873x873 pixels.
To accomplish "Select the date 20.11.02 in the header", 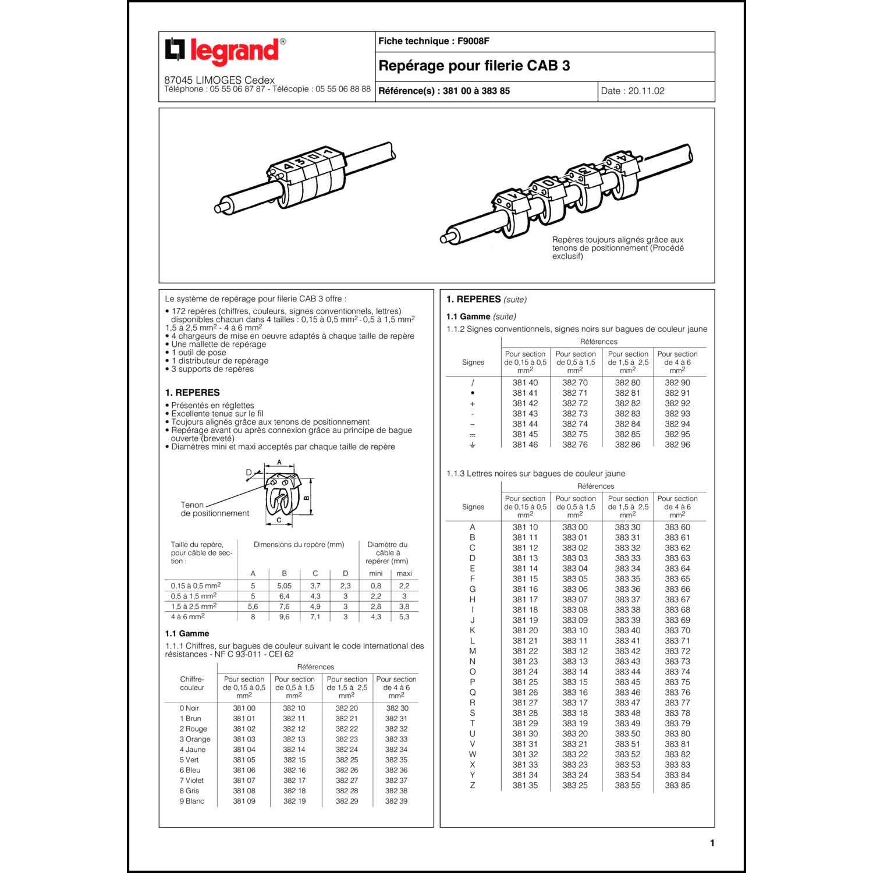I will pyautogui.click(x=645, y=91).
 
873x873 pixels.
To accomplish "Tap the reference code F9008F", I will pyautogui.click(x=473, y=41).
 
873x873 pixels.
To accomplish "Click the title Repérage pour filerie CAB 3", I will pyautogui.click(x=474, y=66).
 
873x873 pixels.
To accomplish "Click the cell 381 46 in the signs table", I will pyautogui.click(x=525, y=445).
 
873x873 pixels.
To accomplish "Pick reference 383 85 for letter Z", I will pyautogui.click(x=677, y=785).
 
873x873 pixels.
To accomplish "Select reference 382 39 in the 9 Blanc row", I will pyautogui.click(x=396, y=801).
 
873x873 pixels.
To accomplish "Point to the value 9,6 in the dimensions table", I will pyautogui.click(x=284, y=617).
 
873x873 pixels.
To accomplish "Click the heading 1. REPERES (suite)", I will pyautogui.click(x=486, y=299).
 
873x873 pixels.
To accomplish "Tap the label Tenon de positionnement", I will pyautogui.click(x=214, y=509).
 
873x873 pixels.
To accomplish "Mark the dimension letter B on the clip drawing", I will pyautogui.click(x=307, y=498).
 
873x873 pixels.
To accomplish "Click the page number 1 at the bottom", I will pyautogui.click(x=712, y=843).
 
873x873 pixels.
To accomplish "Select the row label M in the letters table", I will pyautogui.click(x=473, y=651).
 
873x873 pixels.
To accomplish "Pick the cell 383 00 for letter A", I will pyautogui.click(x=574, y=527).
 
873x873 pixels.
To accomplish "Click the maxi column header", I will pyautogui.click(x=404, y=573).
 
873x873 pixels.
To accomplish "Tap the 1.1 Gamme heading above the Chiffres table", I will pyautogui.click(x=187, y=633).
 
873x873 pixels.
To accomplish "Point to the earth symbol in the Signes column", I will pyautogui.click(x=473, y=445).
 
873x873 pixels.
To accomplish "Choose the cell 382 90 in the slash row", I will pyautogui.click(x=677, y=382).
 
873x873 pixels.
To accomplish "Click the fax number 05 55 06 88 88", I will pyautogui.click(x=343, y=89).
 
